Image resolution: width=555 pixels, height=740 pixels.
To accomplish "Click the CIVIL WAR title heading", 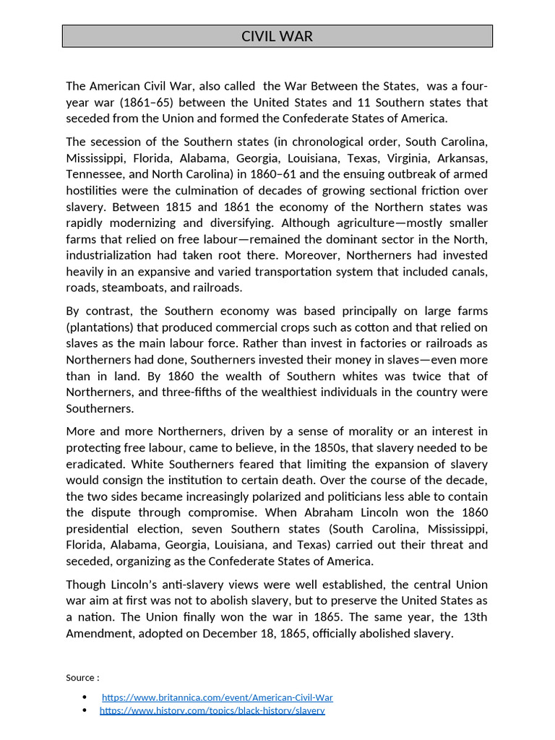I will pyautogui.click(x=277, y=36).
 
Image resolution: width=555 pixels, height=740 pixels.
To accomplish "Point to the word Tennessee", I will pyautogui.click(x=94, y=174).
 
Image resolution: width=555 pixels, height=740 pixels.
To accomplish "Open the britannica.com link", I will pyautogui.click(x=217, y=697).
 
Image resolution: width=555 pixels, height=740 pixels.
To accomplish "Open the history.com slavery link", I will pyautogui.click(x=212, y=710).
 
